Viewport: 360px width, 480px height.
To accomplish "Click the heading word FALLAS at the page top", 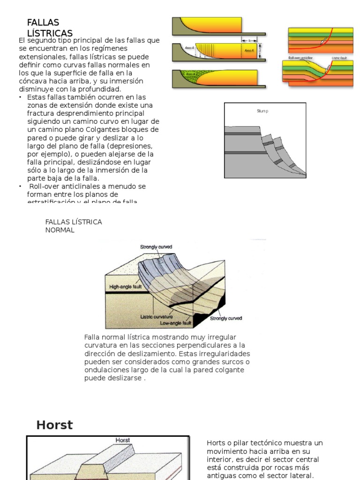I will tap(43, 22).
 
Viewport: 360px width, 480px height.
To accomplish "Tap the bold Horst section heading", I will tap(55, 425).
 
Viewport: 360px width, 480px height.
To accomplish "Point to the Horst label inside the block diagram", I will tap(123, 441).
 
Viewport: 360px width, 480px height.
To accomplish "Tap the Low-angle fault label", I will tap(176, 323).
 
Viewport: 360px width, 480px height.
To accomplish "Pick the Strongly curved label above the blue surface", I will tap(156, 247).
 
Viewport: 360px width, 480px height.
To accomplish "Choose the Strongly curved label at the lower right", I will tap(226, 318).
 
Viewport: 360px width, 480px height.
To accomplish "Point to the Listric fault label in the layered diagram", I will tap(339, 59).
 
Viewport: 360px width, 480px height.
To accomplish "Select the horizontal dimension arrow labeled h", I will tap(249, 40).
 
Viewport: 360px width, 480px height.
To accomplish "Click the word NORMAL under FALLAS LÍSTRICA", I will tap(60, 230).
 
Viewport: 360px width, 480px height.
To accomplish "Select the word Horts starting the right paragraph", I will tap(215, 443).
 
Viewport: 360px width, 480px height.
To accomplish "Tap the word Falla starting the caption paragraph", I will tap(92, 337).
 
